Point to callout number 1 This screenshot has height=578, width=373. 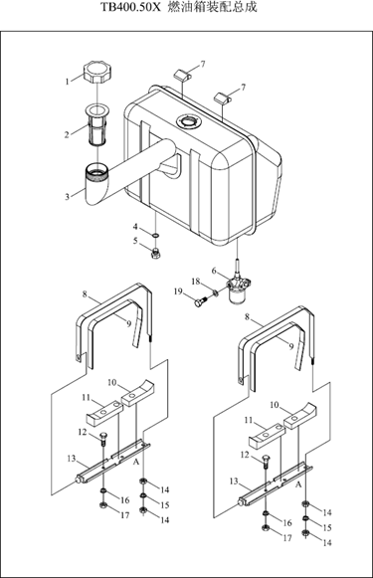tap(67, 82)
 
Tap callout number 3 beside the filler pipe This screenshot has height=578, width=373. tap(67, 197)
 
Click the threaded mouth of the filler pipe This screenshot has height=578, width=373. tap(96, 172)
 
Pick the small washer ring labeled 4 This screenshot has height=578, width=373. tap(155, 235)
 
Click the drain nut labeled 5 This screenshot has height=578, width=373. tap(155, 254)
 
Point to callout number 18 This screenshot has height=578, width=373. tap(195, 282)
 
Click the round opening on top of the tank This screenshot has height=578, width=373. tap(189, 121)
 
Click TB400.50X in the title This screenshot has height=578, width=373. tap(131, 7)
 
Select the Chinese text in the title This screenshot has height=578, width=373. tap(212, 7)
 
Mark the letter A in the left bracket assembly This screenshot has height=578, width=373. tap(136, 462)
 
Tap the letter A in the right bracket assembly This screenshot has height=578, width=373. tap(298, 484)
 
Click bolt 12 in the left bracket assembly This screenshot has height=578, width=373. tap(102, 437)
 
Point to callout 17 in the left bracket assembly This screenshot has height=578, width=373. tap(124, 515)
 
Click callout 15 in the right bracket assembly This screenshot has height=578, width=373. tap(327, 527)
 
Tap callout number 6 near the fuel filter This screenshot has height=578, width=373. tap(214, 271)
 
